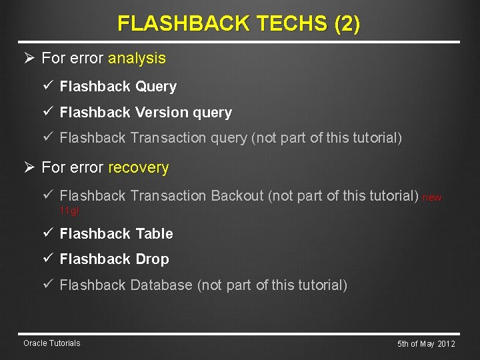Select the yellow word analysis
tap(137, 58)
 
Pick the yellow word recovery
tap(138, 167)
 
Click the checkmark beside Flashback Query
tap(49, 86)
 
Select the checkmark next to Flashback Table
tap(49, 233)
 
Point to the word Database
tap(161, 285)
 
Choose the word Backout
tap(237, 196)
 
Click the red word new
tap(432, 197)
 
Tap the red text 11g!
tap(69, 211)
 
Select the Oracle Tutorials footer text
tap(51, 343)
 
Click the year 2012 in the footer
tap(445, 344)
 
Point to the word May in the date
tap(426, 344)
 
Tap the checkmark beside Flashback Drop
tap(49, 259)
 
